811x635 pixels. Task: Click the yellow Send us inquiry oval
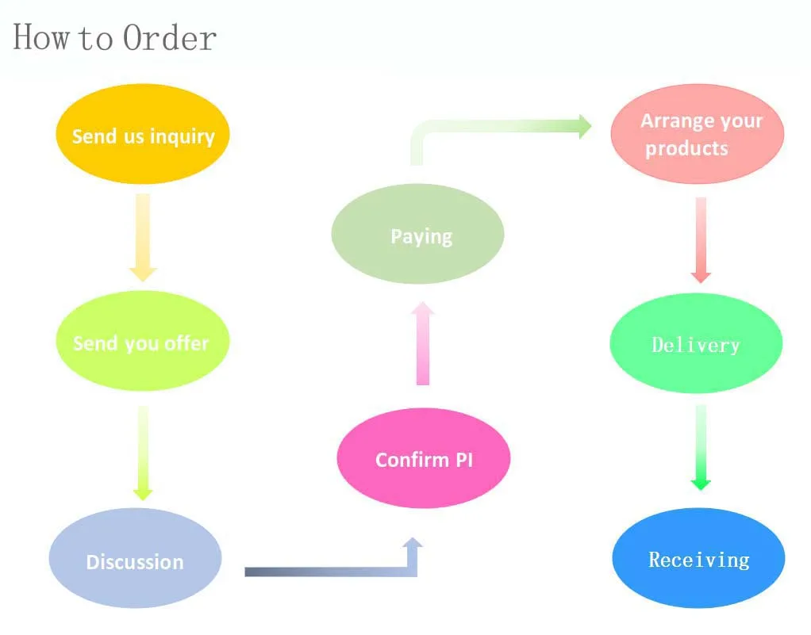click(x=142, y=135)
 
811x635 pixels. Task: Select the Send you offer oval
click(x=142, y=342)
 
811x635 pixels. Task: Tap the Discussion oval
click(x=135, y=558)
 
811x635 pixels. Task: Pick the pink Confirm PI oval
click(x=423, y=457)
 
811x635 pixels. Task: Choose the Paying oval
click(x=417, y=235)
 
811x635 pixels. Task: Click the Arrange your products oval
click(x=697, y=134)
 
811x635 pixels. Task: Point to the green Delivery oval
click(x=696, y=343)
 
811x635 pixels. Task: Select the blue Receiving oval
click(x=698, y=558)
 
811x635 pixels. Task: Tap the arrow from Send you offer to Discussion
click(x=143, y=452)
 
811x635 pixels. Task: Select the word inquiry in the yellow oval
click(x=183, y=136)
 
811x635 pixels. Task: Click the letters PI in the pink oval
click(x=464, y=459)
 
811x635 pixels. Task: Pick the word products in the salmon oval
click(x=686, y=148)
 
